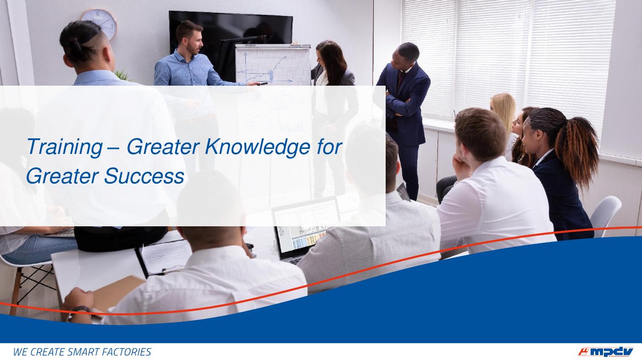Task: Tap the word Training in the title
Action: (65, 147)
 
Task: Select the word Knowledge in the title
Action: (257, 147)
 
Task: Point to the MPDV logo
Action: (605, 352)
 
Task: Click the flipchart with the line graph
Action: (273, 65)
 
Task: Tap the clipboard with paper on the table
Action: (163, 257)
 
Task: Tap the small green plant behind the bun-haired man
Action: (123, 75)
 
